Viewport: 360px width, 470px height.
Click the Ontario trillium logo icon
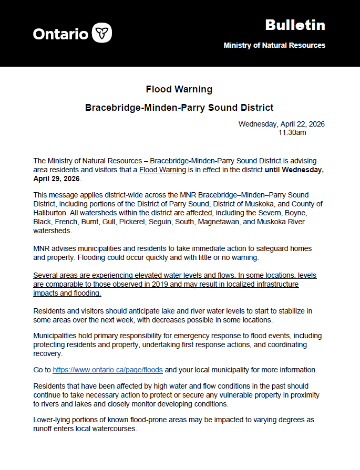tap(102, 33)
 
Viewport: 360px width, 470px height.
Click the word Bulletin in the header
tap(295, 25)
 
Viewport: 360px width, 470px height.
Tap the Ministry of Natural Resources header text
tap(274, 45)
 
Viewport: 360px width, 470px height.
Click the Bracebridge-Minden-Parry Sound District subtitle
tap(179, 108)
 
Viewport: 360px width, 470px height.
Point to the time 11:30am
tap(292, 133)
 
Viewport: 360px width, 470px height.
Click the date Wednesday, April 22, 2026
tap(281, 124)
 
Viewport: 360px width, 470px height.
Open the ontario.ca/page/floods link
tap(108, 370)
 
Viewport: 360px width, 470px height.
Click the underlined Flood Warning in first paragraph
tap(162, 170)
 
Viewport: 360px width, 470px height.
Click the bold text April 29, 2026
tap(56, 179)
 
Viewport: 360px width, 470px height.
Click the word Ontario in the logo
tap(60, 34)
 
